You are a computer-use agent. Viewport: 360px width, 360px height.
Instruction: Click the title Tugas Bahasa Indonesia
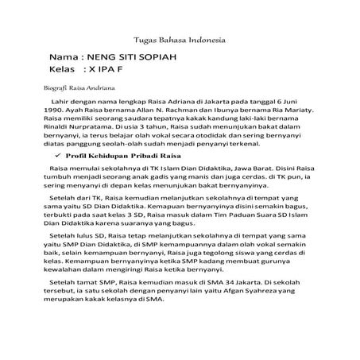coord(180,40)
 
